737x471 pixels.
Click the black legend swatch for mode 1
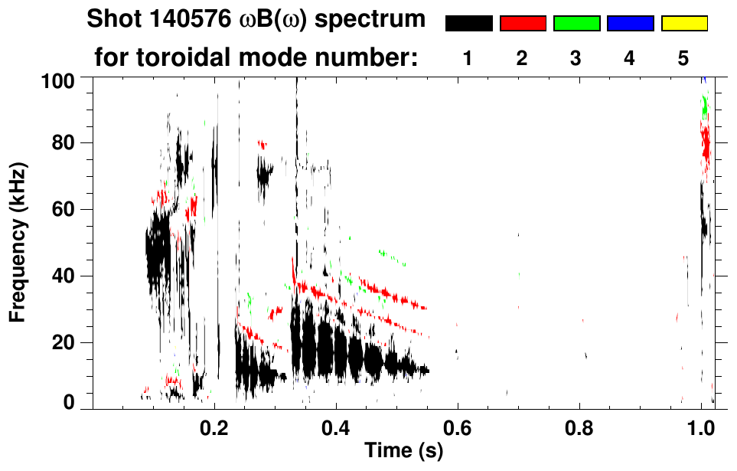468,24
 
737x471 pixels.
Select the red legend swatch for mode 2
523,24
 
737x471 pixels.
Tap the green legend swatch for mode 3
576,24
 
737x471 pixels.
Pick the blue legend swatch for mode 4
630,24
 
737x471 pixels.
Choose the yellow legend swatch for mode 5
683,24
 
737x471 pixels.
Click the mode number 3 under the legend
576,59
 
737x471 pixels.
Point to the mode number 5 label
683,59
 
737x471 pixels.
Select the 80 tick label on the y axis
63,143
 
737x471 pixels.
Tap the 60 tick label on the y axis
63,209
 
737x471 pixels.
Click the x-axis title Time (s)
403,451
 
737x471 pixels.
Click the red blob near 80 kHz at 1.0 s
706,145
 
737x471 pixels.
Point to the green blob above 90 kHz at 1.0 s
705,106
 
